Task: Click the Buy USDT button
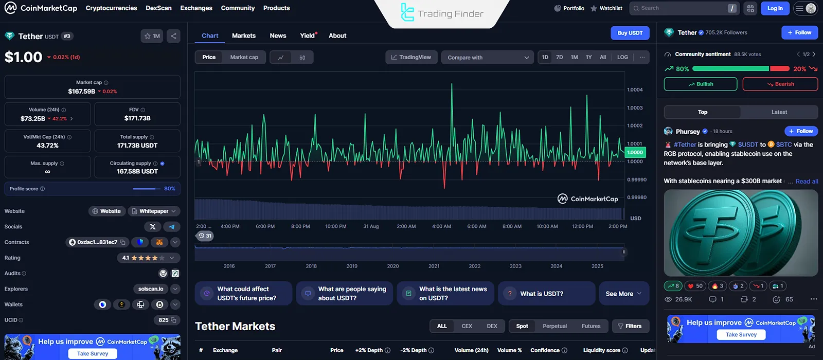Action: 630,33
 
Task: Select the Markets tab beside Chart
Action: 243,35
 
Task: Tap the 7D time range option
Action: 560,57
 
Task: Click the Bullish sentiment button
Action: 700,84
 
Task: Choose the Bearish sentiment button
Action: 780,84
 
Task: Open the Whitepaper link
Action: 153,211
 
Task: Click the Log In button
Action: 775,8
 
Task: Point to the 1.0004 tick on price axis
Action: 635,90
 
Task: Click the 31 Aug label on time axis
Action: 371,226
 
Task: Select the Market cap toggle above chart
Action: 244,57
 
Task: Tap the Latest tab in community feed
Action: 779,112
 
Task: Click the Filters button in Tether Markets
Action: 630,326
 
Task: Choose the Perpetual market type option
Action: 554,326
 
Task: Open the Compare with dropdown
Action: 488,58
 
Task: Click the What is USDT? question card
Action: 546,294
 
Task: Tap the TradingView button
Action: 411,57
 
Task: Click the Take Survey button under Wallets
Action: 93,353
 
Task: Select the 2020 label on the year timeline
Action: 392,266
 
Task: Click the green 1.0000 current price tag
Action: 635,152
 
